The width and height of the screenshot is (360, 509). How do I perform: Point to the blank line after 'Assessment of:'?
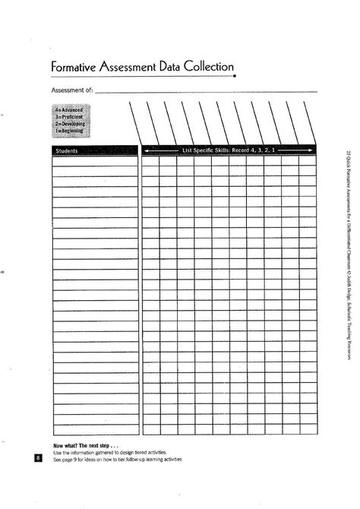(x=205, y=92)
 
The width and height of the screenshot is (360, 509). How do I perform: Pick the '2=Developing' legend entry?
(x=69, y=124)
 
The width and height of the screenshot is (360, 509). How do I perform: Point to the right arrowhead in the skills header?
(x=311, y=151)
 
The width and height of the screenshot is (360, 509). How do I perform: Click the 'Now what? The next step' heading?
(x=86, y=445)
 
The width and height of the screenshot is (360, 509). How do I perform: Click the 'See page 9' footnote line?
(x=117, y=459)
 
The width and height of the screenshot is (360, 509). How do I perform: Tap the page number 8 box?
(x=38, y=458)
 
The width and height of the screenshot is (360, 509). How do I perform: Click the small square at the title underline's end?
(x=235, y=77)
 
